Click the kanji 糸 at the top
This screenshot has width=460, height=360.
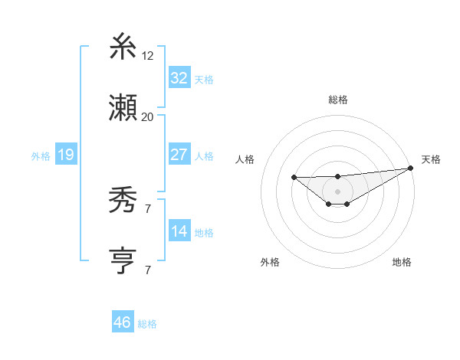pos(123,49)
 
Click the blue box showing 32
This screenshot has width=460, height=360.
pos(179,78)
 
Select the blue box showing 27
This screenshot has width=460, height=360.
pos(179,155)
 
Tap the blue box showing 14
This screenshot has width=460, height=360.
pos(179,231)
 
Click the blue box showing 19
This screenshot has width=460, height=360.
pos(66,155)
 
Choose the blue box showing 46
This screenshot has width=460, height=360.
pos(123,322)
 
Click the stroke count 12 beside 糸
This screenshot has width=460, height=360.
pos(148,56)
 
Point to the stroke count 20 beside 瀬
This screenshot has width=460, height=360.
pos(147,116)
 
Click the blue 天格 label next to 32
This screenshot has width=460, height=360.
pos(204,79)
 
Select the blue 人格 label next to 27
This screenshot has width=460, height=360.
pos(204,155)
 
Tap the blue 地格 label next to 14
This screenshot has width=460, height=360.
pos(204,232)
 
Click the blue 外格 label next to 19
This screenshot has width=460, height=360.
pos(41,155)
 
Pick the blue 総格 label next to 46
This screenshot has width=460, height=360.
pos(147,323)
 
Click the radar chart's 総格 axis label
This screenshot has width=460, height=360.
pos(337,100)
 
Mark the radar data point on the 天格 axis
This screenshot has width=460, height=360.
pos(411,169)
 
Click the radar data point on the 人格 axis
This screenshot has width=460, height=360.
pos(294,178)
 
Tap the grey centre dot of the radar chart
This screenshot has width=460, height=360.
pos(337,191)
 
